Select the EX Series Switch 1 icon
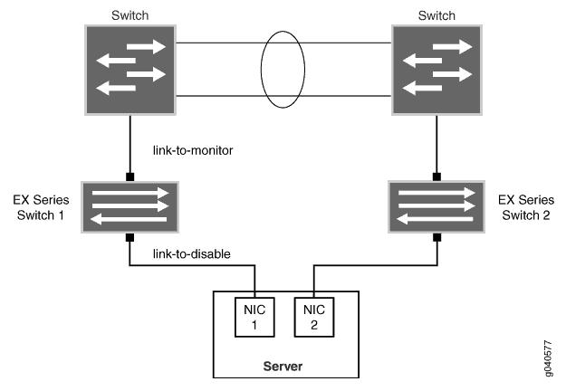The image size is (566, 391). tap(130, 205)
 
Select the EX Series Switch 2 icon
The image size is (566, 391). tap(438, 205)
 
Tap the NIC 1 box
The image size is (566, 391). tap(254, 317)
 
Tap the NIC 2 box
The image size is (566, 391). tap(313, 317)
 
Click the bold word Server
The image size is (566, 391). tap(283, 366)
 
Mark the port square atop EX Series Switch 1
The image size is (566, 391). tap(130, 176)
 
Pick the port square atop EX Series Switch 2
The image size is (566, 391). tap(438, 176)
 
